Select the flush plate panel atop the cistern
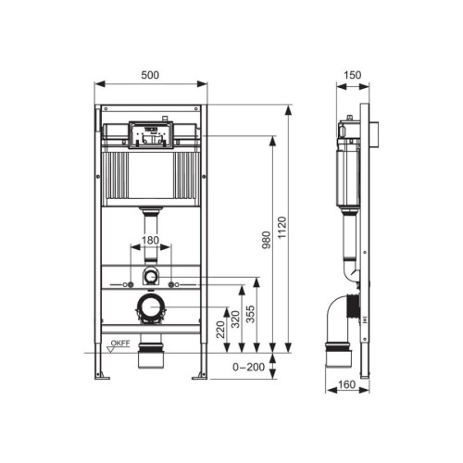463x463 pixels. pos(150,132)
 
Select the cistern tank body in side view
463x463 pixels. pos(350,167)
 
